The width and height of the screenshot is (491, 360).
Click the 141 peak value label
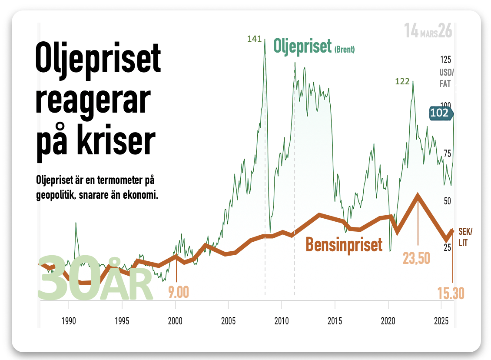[254, 39]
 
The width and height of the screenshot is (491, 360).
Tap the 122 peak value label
[403, 81]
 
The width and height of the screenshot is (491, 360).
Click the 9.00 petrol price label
[179, 292]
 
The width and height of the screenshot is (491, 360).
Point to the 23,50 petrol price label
[416, 258]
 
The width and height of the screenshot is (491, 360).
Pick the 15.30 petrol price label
[451, 294]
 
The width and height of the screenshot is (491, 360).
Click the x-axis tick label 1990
[69, 321]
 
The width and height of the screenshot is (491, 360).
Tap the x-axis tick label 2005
[229, 321]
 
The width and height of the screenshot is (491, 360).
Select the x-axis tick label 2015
[335, 321]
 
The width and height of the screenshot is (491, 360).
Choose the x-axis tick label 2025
[441, 321]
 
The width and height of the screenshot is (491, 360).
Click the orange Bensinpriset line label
[344, 244]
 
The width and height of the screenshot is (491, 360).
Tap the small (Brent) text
[344, 50]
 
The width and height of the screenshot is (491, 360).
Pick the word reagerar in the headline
[93, 101]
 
